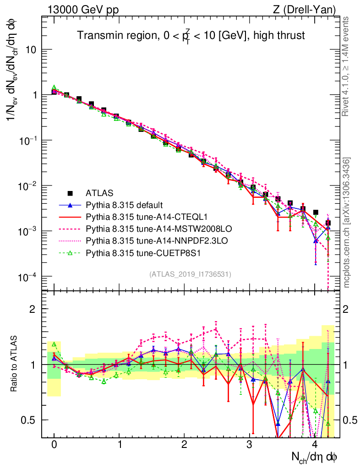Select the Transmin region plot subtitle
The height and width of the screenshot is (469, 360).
191,35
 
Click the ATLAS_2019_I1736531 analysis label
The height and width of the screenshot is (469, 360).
190,274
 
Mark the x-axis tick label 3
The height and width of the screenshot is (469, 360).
249,445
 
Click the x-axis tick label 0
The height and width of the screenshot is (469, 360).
54,445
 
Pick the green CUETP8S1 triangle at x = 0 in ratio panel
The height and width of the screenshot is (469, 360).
54,344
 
